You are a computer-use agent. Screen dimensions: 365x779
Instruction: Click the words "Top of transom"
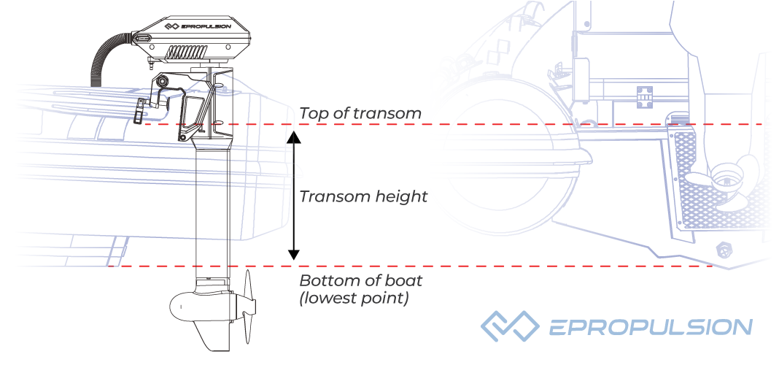[360, 113]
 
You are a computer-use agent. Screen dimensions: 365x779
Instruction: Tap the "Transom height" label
[363, 196]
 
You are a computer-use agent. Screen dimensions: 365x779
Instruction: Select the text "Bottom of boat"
[361, 281]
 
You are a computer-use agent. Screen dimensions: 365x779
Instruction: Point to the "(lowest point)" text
[354, 298]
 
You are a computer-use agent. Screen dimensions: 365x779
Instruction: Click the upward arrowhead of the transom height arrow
[293, 137]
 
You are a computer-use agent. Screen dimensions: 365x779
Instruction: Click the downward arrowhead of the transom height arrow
[293, 254]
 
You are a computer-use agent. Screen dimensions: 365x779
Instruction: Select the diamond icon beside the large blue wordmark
[509, 326]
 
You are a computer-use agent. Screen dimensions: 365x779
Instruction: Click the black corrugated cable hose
[102, 58]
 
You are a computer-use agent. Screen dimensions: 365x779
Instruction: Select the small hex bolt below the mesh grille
[725, 250]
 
